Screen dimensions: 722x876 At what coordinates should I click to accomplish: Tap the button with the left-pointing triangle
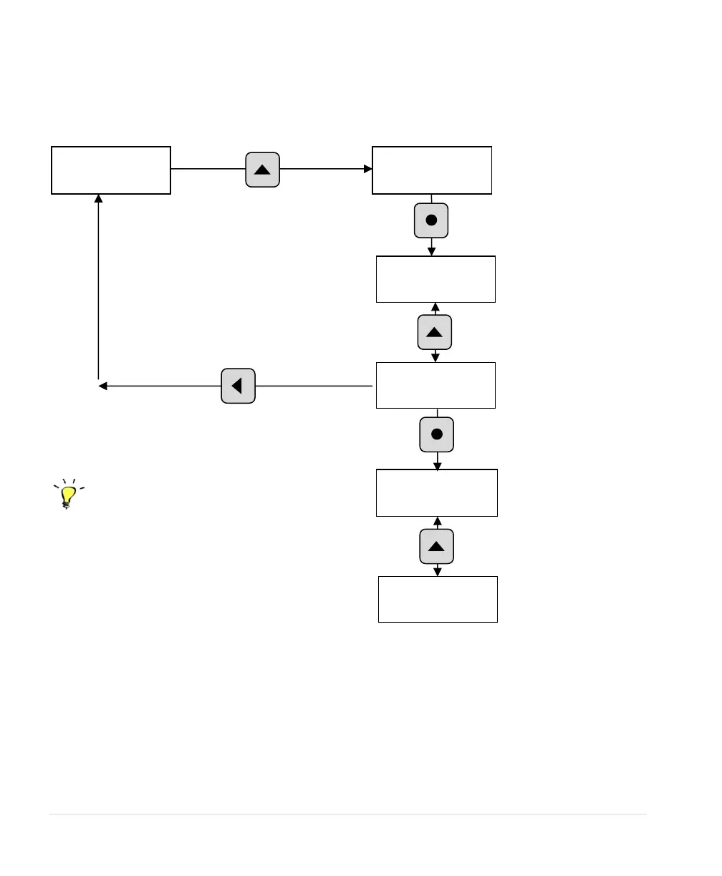click(238, 386)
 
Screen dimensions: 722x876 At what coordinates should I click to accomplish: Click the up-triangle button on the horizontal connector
click(262, 170)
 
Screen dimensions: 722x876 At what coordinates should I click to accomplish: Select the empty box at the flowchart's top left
click(111, 170)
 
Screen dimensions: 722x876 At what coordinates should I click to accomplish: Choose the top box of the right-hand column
click(432, 170)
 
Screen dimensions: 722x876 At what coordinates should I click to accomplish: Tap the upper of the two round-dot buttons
click(431, 220)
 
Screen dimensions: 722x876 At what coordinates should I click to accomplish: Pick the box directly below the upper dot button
click(435, 279)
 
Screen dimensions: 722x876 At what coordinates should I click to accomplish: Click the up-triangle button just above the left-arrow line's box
click(435, 332)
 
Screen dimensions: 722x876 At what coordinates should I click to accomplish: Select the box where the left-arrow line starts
click(435, 385)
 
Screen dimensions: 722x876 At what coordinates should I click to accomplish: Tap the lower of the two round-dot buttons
click(437, 434)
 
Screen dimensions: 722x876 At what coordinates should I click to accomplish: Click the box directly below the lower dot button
click(437, 492)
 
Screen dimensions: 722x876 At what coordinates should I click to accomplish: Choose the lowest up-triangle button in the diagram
click(437, 547)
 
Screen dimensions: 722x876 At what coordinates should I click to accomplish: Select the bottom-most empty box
click(438, 599)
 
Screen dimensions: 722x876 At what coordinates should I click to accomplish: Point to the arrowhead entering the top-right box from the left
click(368, 170)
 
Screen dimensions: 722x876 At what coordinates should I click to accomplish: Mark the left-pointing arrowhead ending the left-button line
click(102, 386)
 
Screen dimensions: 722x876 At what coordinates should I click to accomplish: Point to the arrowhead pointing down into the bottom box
click(438, 571)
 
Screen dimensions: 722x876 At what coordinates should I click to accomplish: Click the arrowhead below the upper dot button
click(431, 250)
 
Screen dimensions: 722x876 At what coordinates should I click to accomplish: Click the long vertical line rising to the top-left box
click(98, 286)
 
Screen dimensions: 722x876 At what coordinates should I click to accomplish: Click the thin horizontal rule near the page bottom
click(347, 814)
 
